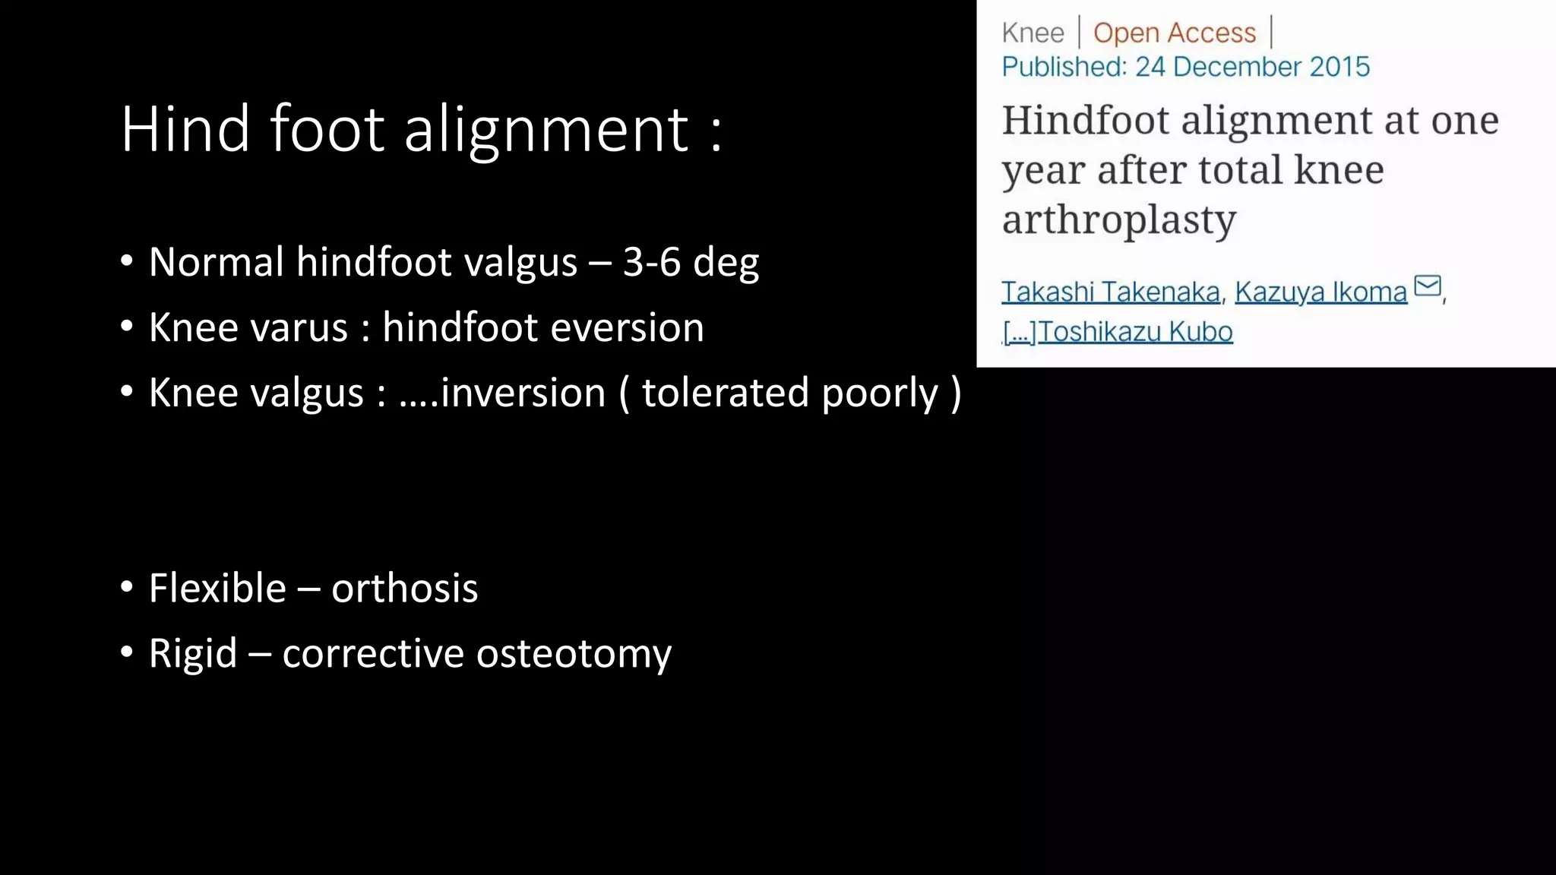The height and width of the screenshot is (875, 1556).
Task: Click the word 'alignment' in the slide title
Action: click(546, 131)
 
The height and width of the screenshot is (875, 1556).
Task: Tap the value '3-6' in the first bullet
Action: click(651, 262)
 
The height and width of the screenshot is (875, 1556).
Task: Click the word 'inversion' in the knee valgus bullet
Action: click(522, 393)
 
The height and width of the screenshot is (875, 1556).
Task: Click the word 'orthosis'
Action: click(404, 589)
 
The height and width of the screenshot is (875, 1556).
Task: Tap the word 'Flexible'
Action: click(217, 589)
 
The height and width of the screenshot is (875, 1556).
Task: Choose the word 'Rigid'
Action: click(193, 654)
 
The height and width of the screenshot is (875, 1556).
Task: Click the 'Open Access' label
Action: click(1175, 33)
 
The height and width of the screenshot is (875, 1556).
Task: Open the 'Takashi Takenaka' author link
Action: click(1110, 292)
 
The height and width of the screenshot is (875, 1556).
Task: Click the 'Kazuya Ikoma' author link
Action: click(1320, 292)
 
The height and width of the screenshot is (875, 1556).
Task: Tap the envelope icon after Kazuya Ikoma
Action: click(1428, 286)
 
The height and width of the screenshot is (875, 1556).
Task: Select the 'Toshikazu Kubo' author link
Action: click(1135, 332)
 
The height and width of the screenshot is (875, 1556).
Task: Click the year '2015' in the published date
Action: click(1339, 67)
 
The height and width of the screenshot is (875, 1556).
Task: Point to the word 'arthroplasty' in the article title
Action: click(1119, 220)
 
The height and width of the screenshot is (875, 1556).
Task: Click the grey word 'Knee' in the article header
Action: click(1033, 33)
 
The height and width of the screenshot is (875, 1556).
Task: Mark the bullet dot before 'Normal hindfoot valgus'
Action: click(127, 262)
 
